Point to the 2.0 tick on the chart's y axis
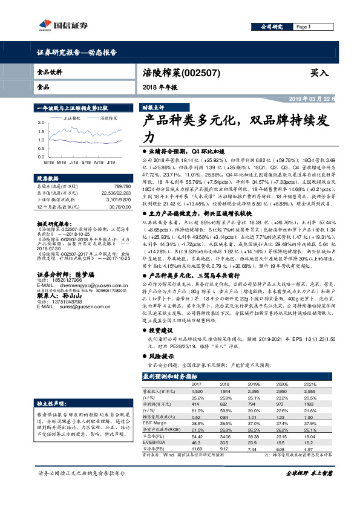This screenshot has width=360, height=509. [x=41, y=122]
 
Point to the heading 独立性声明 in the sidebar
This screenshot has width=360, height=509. [x=51, y=402]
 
